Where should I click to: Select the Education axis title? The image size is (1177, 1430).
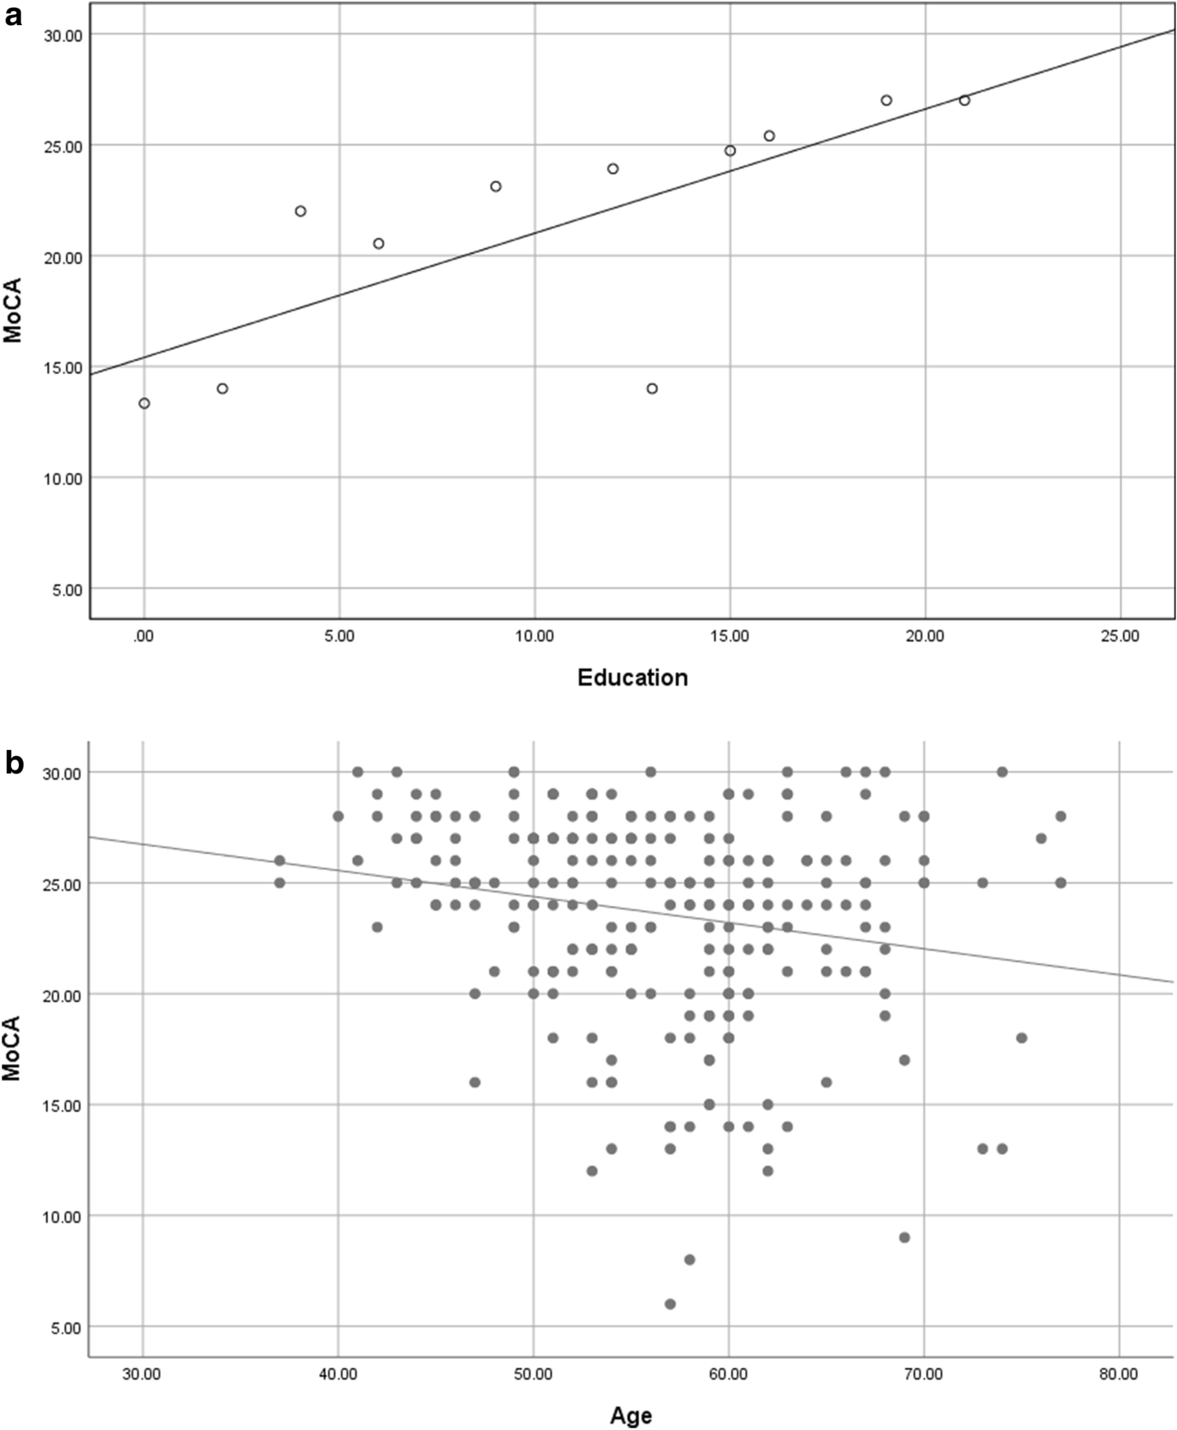point(632,677)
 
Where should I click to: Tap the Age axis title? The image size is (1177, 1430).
point(631,1415)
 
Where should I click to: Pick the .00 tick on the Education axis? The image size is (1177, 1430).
point(143,636)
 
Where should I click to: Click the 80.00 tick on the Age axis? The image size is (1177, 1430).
point(1119,1374)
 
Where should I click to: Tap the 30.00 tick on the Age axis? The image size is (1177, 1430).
point(143,1374)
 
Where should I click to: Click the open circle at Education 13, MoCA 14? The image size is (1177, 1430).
point(652,389)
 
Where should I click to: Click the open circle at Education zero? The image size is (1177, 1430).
point(144,403)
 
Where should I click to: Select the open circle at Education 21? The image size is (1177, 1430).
point(964,100)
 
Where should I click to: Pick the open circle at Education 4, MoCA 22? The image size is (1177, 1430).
point(300,210)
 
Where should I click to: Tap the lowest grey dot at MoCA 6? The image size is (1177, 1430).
point(670,1304)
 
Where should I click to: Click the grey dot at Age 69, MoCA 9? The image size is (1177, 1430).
point(904,1238)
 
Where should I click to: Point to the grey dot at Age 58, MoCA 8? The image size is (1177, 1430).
point(689,1260)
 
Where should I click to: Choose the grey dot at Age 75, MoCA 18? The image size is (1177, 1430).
point(1022,1037)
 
